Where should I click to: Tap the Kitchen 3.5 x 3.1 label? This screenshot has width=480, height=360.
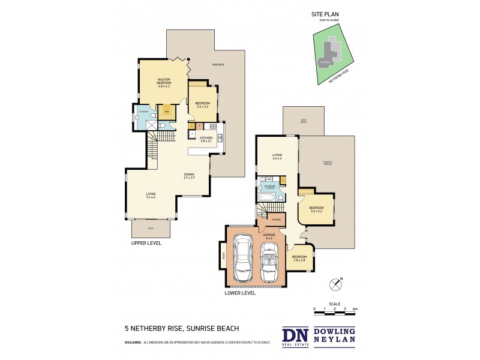coord(206,139)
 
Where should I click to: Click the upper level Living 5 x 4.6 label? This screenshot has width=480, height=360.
coord(151,195)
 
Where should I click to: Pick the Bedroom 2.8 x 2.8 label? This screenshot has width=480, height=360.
coord(299,258)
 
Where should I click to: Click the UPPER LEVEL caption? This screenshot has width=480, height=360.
coord(146,244)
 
